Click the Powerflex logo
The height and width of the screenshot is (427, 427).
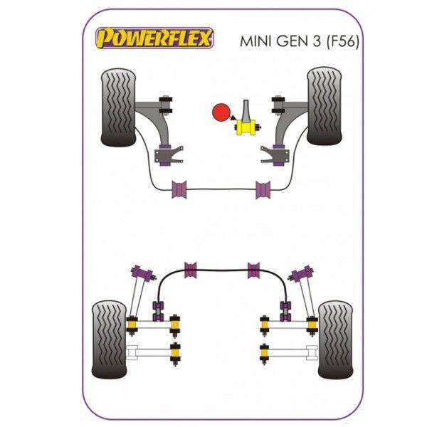coord(154,38)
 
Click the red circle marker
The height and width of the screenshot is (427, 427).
coord(221,112)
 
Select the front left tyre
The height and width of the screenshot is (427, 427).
coord(118,107)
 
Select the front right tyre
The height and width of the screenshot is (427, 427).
coord(324,106)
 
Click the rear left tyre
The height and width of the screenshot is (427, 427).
coord(109,339)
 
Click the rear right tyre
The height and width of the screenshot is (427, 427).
coord(335,340)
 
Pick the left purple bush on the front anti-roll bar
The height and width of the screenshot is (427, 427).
coord(179,189)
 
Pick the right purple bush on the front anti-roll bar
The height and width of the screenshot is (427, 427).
coord(263,189)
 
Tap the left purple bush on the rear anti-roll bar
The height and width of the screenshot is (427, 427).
coord(191,270)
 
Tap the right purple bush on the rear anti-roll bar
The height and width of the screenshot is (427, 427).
coord(253,270)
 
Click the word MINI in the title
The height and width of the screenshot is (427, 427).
coord(256,42)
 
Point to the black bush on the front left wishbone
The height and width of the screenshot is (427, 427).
coord(166,105)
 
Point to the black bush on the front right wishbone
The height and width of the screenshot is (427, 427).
coord(278,105)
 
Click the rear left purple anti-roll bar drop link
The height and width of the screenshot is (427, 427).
coord(158,311)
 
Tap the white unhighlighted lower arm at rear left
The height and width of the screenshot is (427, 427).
coord(149,353)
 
